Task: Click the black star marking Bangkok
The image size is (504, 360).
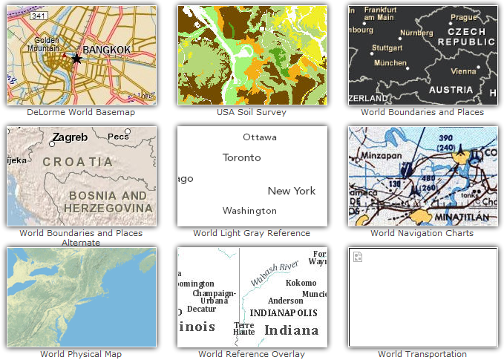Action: [76, 58]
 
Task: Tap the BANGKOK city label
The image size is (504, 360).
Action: [106, 50]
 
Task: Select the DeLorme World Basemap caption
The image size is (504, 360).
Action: [81, 112]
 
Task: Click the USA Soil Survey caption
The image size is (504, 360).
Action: [252, 112]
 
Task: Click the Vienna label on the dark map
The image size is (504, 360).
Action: [462, 71]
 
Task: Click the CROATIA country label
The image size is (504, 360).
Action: [78, 161]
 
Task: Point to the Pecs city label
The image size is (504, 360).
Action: [118, 137]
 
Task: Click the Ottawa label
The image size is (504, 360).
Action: [259, 137]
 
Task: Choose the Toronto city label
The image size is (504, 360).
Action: [242, 157]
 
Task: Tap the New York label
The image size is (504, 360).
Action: [292, 191]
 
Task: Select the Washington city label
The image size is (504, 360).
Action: [249, 210]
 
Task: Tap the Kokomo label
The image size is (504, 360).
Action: [301, 283]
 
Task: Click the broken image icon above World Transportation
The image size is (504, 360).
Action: [358, 257]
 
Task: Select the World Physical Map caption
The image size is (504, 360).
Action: [81, 354]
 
